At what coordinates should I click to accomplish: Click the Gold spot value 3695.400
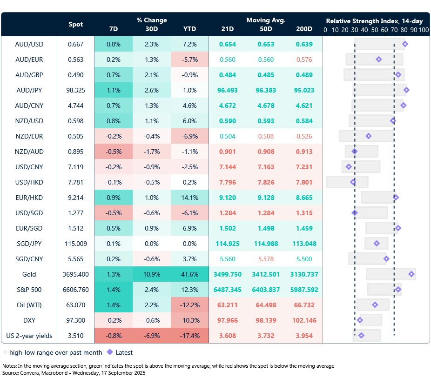[x=76, y=274]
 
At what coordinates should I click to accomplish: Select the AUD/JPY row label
[x=29, y=90]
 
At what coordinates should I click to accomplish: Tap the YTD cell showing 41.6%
[x=189, y=274]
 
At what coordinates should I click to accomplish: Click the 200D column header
[x=304, y=29]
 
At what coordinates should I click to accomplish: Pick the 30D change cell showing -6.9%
[x=152, y=336]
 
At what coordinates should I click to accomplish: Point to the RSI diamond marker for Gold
[x=411, y=274]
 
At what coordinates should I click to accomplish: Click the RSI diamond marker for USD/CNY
[x=349, y=167]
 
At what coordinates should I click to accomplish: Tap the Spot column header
[x=76, y=24]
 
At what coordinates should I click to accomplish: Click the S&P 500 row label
[x=29, y=290]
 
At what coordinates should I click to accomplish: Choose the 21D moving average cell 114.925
[x=228, y=244]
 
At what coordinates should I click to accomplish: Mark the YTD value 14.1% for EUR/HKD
[x=189, y=198]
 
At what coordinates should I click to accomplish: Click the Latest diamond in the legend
[x=110, y=352]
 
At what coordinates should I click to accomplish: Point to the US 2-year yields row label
[x=29, y=336]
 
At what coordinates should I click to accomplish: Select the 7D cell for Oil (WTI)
[x=113, y=305]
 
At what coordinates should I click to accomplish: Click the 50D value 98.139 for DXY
[x=266, y=320]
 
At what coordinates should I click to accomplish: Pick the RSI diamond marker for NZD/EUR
[x=369, y=136]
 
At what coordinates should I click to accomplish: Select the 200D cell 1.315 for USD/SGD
[x=304, y=213]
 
